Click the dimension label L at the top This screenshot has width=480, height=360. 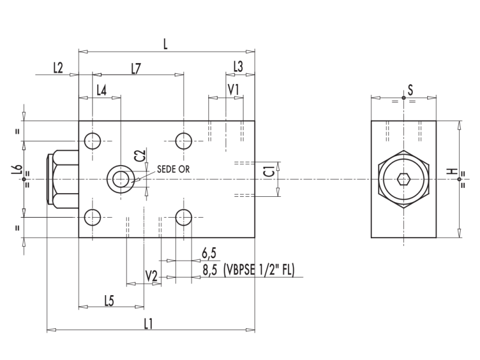[x=166, y=44]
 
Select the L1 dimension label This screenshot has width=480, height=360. [x=149, y=323]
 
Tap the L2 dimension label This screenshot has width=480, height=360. [x=58, y=68]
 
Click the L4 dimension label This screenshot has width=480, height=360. [x=102, y=90]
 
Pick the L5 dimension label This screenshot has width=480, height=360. [x=109, y=301]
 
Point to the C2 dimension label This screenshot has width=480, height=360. [x=140, y=155]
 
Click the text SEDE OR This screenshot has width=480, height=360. [x=173, y=169]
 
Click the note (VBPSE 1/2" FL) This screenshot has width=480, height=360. [x=259, y=270]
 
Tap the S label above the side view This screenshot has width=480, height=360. [x=410, y=90]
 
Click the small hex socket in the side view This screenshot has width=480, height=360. [x=403, y=179]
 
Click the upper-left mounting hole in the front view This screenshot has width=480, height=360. [x=92, y=141]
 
